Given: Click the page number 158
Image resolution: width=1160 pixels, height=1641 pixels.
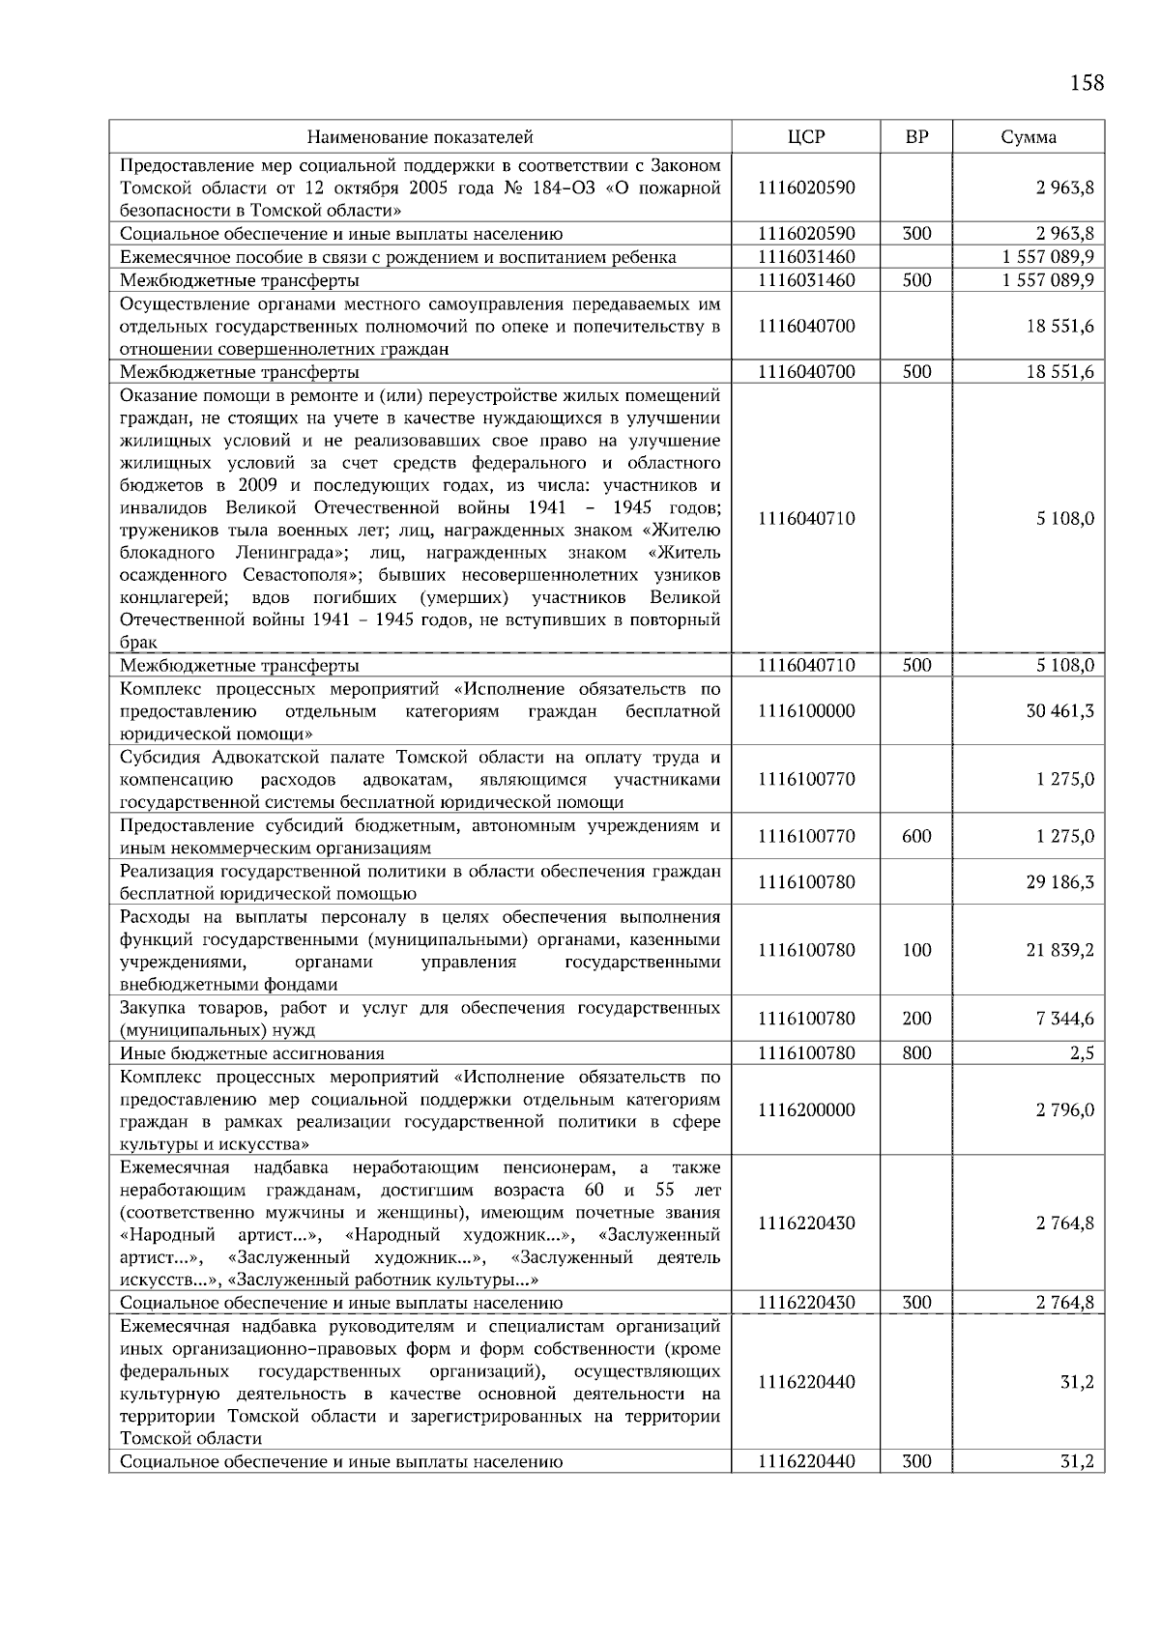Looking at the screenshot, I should pos(1086,83).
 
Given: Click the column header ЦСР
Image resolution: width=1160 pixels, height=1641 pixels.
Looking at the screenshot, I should pos(806,137).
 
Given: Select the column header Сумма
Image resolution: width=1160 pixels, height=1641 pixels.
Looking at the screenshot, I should pos(1028,137).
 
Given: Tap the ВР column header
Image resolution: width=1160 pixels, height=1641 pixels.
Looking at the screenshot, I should pos(915,137).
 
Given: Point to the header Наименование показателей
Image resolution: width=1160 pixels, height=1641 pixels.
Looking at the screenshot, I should pos(420,137).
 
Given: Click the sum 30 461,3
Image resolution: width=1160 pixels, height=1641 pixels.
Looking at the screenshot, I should pos(1059,711).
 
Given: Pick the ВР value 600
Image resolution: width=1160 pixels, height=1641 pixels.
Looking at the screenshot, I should pos(915,837).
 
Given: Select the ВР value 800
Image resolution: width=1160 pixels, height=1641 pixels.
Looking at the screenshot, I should pos(915,1053).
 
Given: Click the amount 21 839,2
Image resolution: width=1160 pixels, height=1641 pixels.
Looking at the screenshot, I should pos(1059,951).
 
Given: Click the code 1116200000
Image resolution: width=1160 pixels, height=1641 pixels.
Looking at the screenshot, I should pos(806,1110).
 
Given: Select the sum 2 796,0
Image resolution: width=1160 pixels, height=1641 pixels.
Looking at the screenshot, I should pos(1064,1110).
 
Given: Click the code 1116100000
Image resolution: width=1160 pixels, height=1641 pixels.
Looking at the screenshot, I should pos(806,711).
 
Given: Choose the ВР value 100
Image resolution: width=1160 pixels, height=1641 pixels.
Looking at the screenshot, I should pos(915,951).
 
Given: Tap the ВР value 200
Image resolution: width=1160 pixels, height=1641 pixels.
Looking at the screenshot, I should pos(915,1019).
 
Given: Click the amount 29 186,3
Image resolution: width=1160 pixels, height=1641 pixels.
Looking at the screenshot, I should pos(1059,882).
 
